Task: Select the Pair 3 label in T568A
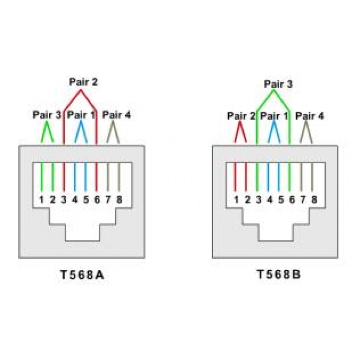[x=47, y=115]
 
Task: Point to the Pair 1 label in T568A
[x=81, y=115]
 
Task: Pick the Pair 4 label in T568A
[x=117, y=115]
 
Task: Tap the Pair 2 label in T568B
[x=241, y=116]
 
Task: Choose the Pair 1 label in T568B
[x=276, y=116]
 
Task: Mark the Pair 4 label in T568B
[x=310, y=116]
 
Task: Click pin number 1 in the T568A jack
[x=42, y=199]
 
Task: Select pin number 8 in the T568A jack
[x=119, y=199]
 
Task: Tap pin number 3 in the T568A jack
[x=64, y=199]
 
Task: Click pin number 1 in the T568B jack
[x=236, y=199]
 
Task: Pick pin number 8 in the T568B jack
[x=314, y=199]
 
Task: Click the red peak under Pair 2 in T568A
[x=81, y=91]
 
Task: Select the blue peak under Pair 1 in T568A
[x=81, y=122]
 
